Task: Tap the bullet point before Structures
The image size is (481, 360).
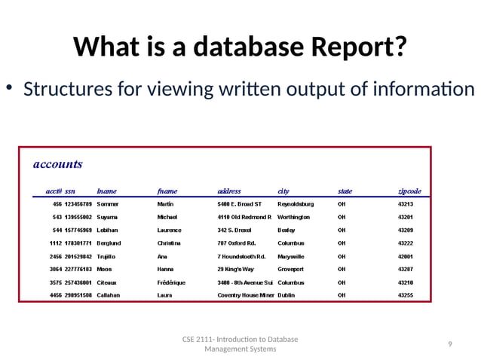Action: click(10, 89)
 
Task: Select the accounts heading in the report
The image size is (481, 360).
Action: click(58, 163)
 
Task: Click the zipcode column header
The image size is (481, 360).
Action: click(409, 191)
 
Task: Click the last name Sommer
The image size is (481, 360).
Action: click(109, 203)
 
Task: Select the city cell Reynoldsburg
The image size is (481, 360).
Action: click(296, 203)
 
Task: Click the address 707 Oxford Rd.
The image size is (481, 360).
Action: click(237, 243)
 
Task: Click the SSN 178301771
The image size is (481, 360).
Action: click(78, 243)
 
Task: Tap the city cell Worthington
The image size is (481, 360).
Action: click(294, 217)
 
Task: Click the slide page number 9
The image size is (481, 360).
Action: click(449, 344)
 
